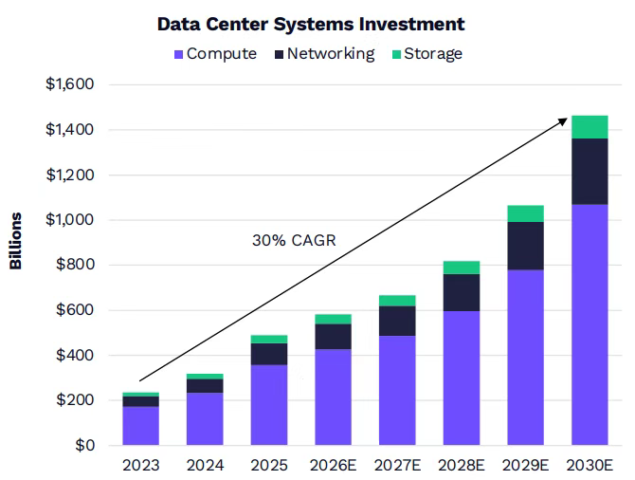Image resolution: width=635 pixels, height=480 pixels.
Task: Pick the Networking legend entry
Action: (324, 53)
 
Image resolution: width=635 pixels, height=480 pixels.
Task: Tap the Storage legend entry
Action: (426, 53)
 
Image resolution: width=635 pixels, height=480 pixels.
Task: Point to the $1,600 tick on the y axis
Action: (69, 85)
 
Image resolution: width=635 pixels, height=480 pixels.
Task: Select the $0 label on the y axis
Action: (83, 445)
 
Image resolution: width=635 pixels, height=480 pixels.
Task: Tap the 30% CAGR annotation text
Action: (294, 241)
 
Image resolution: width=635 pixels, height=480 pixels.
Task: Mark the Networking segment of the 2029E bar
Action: (524, 246)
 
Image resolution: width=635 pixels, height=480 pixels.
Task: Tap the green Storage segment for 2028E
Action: (461, 268)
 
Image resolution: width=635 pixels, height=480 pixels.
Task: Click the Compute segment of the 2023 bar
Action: (141, 426)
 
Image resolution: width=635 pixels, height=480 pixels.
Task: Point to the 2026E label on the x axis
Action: (333, 466)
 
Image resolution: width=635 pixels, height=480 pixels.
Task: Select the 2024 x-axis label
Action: (205, 466)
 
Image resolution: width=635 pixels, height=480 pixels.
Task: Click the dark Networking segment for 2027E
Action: (396, 321)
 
